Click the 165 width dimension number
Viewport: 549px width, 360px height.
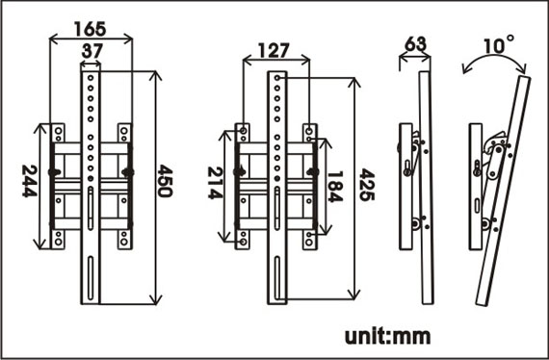point(90,29)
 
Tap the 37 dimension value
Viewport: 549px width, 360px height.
point(92,51)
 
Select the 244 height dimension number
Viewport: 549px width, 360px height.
point(30,181)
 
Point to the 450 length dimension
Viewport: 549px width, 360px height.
point(165,181)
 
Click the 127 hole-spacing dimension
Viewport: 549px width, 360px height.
point(274,51)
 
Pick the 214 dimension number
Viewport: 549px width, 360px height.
point(215,183)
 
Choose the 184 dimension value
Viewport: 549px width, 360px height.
point(335,187)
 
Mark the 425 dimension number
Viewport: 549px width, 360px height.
point(367,185)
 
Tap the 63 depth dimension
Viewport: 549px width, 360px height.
point(415,44)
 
